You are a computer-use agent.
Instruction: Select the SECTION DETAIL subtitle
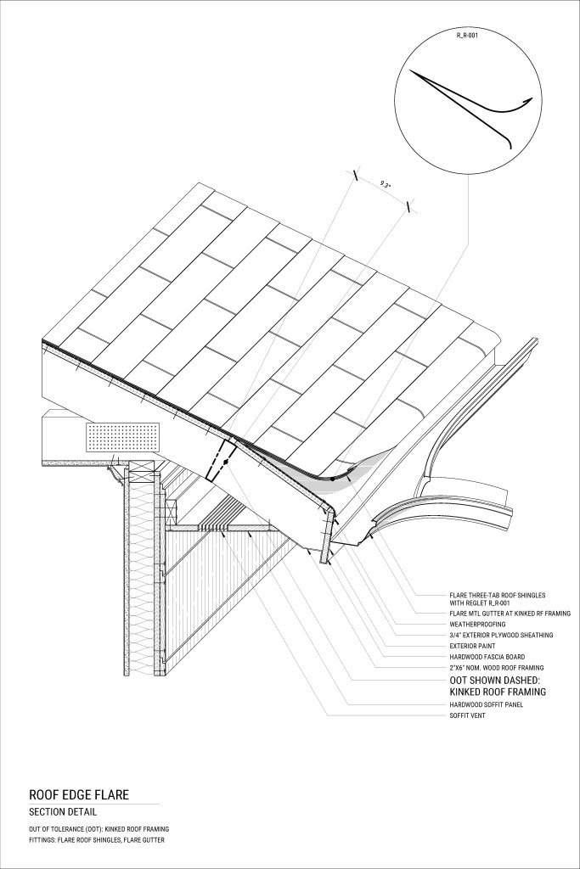pos(64,812)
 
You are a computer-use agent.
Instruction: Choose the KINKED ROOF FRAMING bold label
pos(498,692)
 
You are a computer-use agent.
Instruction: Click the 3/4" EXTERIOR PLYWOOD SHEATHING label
pos(502,635)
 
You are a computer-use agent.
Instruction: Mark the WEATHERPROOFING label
pos(478,624)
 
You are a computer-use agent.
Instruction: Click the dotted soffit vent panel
pos(122,436)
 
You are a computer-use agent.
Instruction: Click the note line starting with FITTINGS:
pos(97,840)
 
